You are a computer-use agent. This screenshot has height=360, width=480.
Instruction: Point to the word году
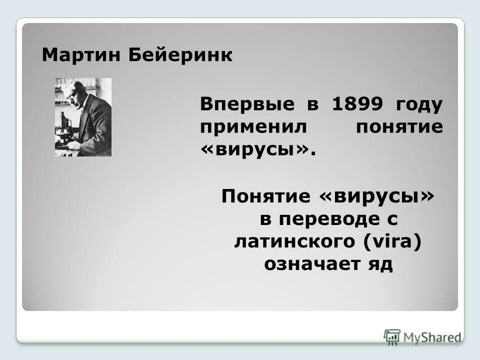click(419, 105)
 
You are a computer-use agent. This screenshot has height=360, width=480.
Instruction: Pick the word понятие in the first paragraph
click(399, 127)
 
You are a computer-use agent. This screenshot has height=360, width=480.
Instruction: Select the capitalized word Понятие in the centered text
click(266, 196)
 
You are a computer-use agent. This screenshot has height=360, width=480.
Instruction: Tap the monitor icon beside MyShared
click(392, 336)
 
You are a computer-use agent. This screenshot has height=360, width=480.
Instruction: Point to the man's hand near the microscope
click(73, 144)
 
